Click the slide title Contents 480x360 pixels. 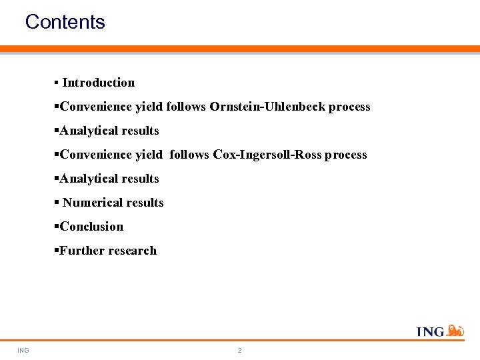point(65,22)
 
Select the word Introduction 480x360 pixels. point(98,83)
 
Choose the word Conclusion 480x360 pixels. point(91,227)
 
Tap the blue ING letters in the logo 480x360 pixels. point(431,331)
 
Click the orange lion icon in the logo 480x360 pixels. point(455,330)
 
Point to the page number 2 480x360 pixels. point(240,351)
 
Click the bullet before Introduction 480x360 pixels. point(56,83)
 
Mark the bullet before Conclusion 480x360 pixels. point(56,227)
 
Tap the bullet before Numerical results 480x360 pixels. point(56,203)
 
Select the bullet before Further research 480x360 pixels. point(56,251)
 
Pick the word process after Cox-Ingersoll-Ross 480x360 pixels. point(345,155)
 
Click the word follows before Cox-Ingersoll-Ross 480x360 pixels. point(189,155)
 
